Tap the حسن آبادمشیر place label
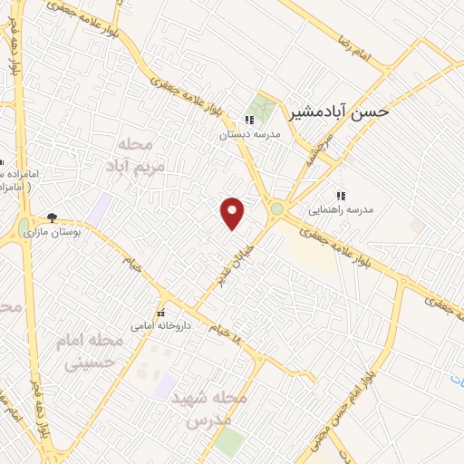[x=339, y=111]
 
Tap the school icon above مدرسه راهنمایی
[x=341, y=195]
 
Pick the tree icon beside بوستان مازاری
[x=52, y=218]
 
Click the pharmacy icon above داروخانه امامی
[x=163, y=310]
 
